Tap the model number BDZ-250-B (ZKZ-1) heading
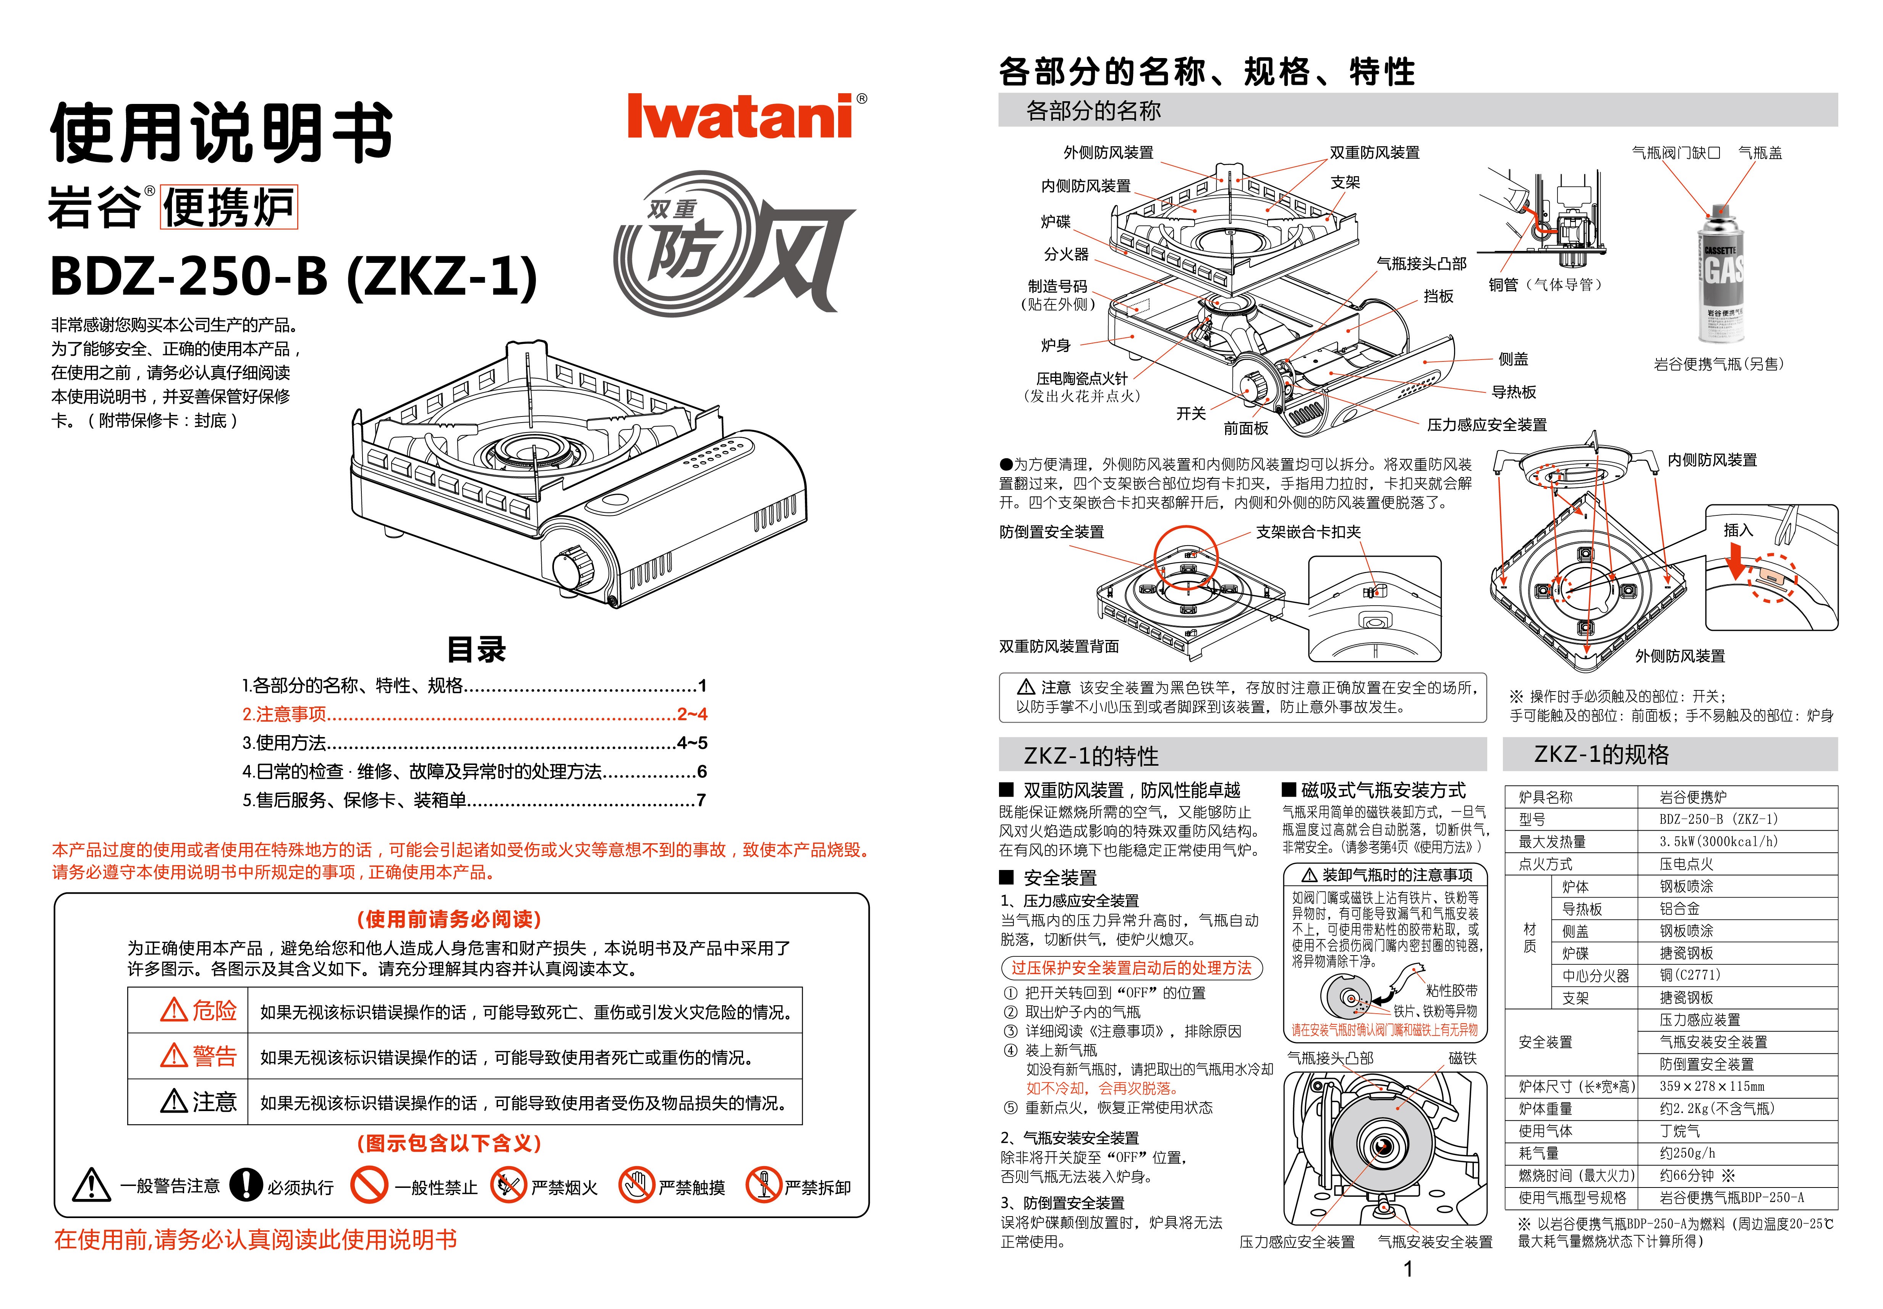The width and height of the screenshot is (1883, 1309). coord(294,276)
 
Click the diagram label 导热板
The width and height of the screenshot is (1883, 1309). coord(1514,392)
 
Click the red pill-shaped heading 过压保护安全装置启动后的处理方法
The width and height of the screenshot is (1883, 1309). coord(1132,968)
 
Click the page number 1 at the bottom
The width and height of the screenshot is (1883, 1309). coord(1408,1270)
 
